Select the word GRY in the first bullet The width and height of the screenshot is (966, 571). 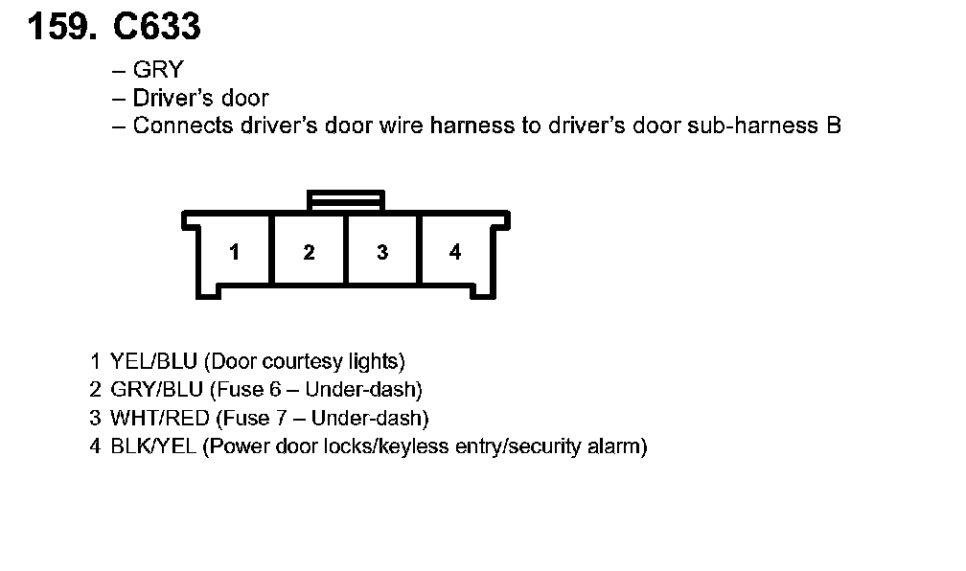(x=157, y=70)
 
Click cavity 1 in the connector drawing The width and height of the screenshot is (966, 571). (x=235, y=252)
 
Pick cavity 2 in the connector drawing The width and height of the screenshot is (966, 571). (x=309, y=252)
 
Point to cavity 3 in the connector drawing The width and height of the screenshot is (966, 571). (x=382, y=252)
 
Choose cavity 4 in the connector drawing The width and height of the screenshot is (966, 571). (x=455, y=252)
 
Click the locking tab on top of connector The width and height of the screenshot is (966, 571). (x=345, y=200)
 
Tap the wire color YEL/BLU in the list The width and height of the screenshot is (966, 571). (x=154, y=362)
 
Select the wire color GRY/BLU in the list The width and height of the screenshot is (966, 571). (x=156, y=390)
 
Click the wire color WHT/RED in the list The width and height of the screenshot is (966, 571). (x=159, y=419)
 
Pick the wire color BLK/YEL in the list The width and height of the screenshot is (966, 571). (x=153, y=446)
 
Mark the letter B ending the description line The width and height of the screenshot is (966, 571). (x=833, y=126)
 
